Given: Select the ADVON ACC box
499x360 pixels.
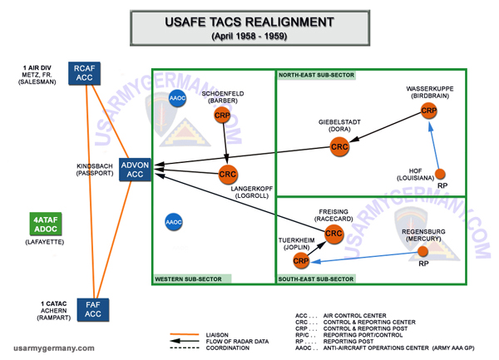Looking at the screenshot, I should click(135, 169).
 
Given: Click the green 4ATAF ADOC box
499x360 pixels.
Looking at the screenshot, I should click(42, 225).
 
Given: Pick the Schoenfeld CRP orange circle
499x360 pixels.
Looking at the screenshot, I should click(223, 115).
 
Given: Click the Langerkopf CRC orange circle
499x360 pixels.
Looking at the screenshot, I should click(228, 175).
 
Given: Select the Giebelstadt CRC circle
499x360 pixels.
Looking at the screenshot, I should click(339, 147).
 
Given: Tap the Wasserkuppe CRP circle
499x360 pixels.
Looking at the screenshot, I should click(429, 111).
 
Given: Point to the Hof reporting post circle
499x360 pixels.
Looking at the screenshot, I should click(442, 173).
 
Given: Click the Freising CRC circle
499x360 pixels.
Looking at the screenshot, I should click(333, 234).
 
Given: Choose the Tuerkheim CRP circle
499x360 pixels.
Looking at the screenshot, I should click(301, 261).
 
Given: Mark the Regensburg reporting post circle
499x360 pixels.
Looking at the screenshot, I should click(423, 251).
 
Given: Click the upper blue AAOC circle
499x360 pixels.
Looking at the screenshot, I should click(176, 97).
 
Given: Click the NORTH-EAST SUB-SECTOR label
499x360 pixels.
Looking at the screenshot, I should click(316, 75).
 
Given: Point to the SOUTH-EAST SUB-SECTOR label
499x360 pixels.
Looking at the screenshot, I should click(316, 279).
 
